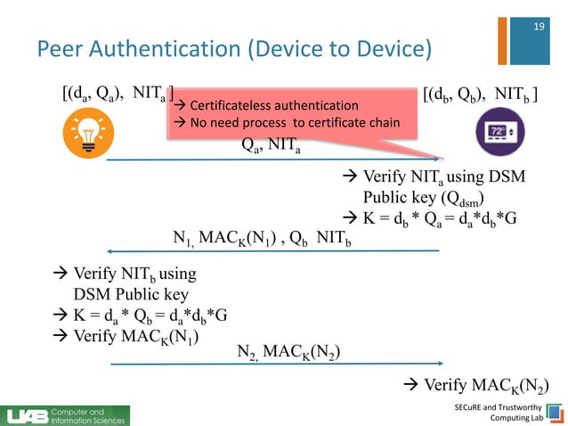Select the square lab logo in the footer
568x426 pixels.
pos(555,414)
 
